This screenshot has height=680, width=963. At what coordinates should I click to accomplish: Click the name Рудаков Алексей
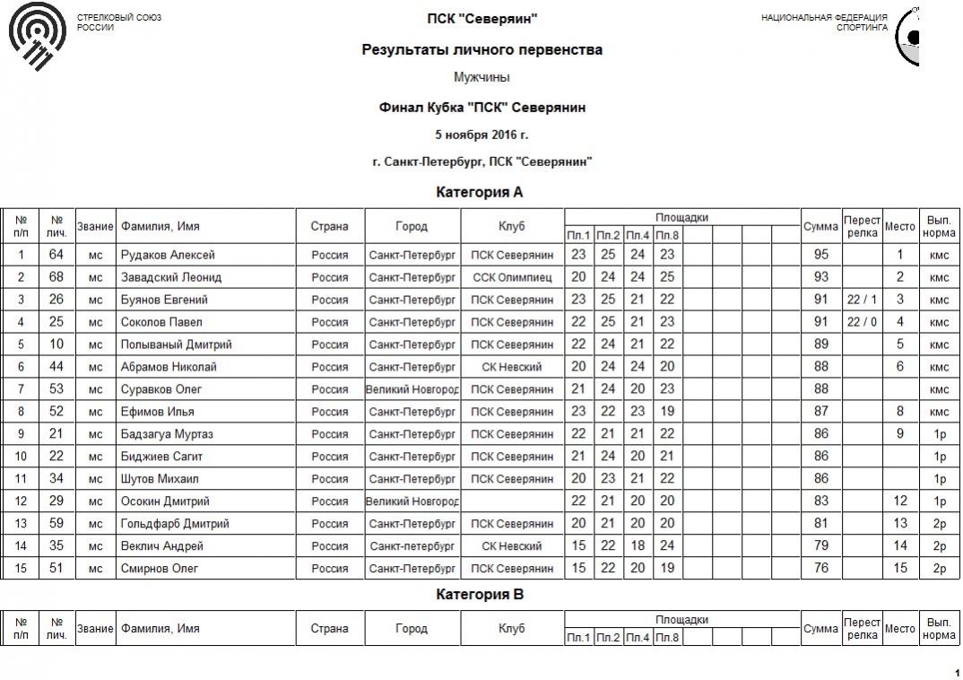pyautogui.click(x=168, y=255)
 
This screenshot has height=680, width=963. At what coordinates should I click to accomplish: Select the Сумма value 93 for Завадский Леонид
pyautogui.click(x=820, y=277)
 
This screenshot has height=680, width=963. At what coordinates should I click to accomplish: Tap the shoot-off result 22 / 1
pyautogui.click(x=862, y=300)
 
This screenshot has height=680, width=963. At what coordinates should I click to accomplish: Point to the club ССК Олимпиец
pyautogui.click(x=512, y=277)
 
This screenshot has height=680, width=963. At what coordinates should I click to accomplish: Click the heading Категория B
pyautogui.click(x=480, y=594)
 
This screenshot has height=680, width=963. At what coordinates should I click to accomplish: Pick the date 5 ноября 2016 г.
pyautogui.click(x=481, y=135)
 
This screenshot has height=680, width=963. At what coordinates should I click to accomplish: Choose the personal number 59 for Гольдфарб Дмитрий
pyautogui.click(x=56, y=524)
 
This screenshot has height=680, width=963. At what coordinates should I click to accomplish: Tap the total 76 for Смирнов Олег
pyautogui.click(x=820, y=569)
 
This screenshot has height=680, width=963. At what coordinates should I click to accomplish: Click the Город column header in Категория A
pyautogui.click(x=412, y=226)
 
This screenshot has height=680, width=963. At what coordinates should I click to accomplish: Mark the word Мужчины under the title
pyautogui.click(x=481, y=77)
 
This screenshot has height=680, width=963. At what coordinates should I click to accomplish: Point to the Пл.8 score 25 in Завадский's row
pyautogui.click(x=666, y=277)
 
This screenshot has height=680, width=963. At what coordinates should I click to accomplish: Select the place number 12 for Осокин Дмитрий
pyautogui.click(x=900, y=501)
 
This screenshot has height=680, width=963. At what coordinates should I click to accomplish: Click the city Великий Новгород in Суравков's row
pyautogui.click(x=412, y=389)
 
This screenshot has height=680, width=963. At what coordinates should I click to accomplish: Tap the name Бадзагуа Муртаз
pyautogui.click(x=167, y=434)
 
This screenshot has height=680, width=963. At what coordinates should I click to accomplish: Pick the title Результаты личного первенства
pyautogui.click(x=481, y=50)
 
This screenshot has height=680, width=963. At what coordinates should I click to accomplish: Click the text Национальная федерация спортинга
pyautogui.click(x=824, y=22)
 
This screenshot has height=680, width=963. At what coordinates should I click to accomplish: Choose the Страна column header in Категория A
pyautogui.click(x=330, y=226)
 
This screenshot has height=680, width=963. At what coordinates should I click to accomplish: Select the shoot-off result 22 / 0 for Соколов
pyautogui.click(x=862, y=322)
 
